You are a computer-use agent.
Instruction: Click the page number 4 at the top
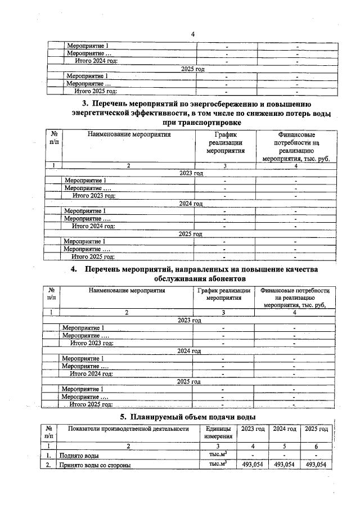point(192,34)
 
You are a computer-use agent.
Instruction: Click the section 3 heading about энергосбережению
point(201,113)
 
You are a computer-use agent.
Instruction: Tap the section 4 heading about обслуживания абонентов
point(201,274)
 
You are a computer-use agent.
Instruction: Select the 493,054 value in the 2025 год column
point(316,465)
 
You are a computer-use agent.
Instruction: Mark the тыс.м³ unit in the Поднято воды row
point(217,454)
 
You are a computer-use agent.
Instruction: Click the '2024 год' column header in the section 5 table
point(284,429)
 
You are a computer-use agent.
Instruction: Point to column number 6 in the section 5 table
point(316,445)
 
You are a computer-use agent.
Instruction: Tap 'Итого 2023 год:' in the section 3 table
point(94,196)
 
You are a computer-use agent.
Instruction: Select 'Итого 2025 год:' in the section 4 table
point(91,404)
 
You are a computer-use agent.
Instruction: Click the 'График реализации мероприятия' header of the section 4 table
point(223,294)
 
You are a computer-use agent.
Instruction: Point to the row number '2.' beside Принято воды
point(50,465)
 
